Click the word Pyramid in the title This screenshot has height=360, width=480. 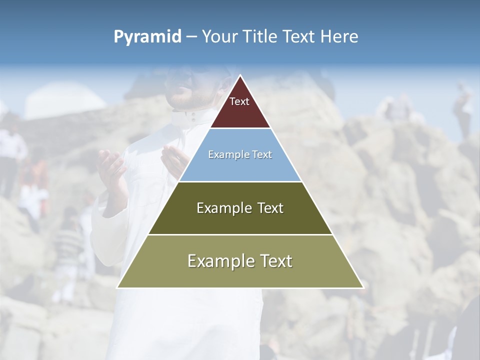click(147, 37)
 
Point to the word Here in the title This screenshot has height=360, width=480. click(339, 36)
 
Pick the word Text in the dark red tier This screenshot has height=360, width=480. click(239, 101)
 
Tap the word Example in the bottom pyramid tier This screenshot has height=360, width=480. click(218, 261)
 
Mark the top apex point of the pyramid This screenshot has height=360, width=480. click(240, 75)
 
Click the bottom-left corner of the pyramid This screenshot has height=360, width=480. click(117, 287)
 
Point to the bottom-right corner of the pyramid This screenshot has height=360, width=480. click(363, 287)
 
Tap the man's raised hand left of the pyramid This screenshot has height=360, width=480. click(112, 170)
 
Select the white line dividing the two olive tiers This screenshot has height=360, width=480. click(240, 234)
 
